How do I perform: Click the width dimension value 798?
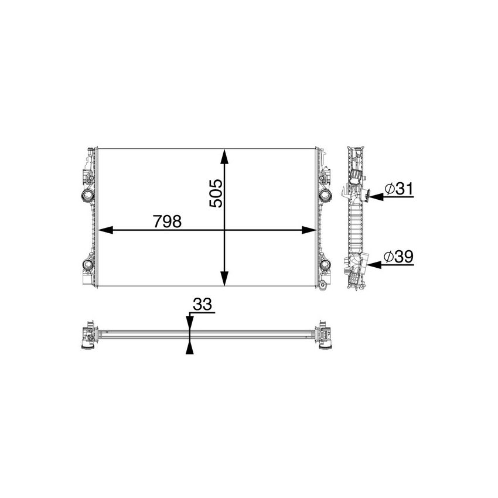click(167, 222)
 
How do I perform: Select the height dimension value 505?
click(216, 193)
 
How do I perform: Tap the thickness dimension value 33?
click(202, 305)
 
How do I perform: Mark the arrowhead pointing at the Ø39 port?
click(374, 265)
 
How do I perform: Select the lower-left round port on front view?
click(87, 265)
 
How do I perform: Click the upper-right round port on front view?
click(325, 195)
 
